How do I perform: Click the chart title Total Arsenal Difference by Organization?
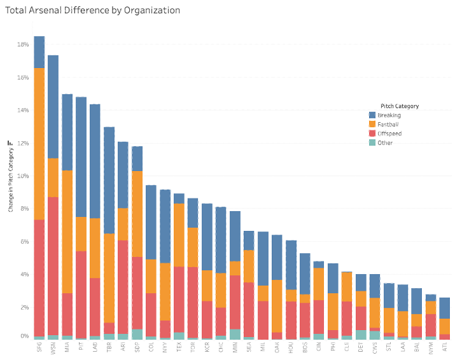(x=93, y=11)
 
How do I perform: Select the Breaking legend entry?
(x=388, y=116)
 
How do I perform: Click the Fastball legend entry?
(x=388, y=125)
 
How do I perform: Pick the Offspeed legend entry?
(x=389, y=134)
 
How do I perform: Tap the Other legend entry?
(x=385, y=142)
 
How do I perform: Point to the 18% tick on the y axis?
(x=22, y=45)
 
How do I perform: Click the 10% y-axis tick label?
(x=22, y=176)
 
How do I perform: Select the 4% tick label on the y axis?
(x=24, y=274)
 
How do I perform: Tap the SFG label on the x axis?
(x=39, y=348)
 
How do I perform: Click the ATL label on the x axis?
(x=444, y=348)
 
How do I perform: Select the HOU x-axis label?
(x=291, y=348)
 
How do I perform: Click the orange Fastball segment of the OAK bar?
(x=277, y=306)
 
